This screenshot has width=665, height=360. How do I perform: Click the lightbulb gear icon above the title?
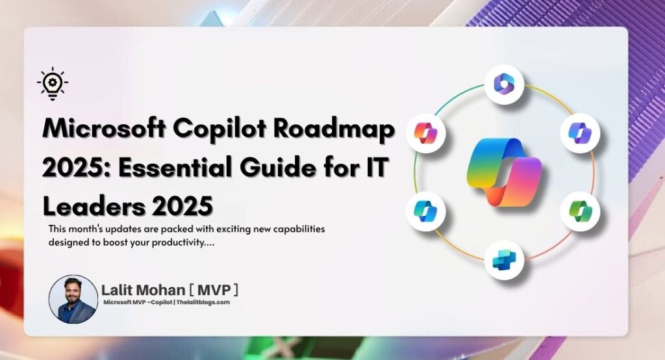pyautogui.click(x=53, y=84)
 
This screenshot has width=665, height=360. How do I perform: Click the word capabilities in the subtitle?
pyautogui.click(x=299, y=229)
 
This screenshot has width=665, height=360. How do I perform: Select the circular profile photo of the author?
pyautogui.click(x=73, y=299)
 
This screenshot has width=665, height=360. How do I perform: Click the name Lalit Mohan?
pyautogui.click(x=143, y=290)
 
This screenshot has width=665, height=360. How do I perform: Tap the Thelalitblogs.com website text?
pyautogui.click(x=203, y=302)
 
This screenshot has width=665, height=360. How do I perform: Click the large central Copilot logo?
pyautogui.click(x=504, y=172)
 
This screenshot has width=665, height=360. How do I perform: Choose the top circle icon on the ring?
pyautogui.click(x=504, y=84)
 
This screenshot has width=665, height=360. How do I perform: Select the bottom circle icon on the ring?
pyautogui.click(x=504, y=259)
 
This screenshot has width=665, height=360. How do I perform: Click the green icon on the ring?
pyautogui.click(x=581, y=211)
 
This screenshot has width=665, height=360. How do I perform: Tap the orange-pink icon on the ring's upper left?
pyautogui.click(x=426, y=133)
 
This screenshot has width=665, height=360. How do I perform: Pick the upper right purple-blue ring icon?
pyautogui.click(x=581, y=133)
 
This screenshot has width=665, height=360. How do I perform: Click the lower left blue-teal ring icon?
pyautogui.click(x=426, y=211)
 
